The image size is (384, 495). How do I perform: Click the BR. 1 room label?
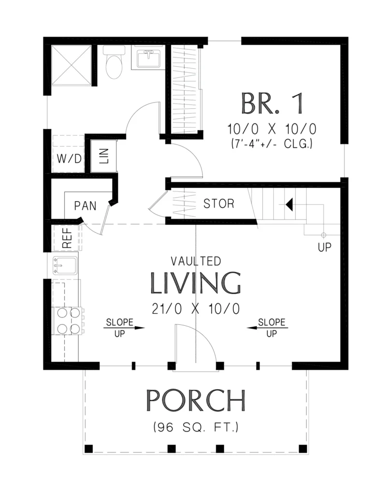[272, 103]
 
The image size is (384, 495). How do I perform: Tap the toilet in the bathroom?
[114, 63]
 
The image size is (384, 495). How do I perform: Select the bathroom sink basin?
[148, 59]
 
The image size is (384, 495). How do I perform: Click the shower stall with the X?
[71, 65]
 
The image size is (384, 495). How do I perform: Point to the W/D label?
[69, 158]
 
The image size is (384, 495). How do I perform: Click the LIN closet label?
[104, 156]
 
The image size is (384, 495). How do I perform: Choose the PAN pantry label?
[85, 206]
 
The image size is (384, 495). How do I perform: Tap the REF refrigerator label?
[67, 238]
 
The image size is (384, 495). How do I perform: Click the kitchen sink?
[65, 265]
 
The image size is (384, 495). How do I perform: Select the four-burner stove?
[69, 321]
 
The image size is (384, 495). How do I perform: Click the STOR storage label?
[219, 204]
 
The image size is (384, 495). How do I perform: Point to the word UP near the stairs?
[325, 247]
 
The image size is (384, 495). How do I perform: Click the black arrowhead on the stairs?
[289, 204]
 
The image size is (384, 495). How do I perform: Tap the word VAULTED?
[196, 261]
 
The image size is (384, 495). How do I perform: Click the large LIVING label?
[196, 283]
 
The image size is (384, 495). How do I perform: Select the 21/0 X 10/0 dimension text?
[196, 309]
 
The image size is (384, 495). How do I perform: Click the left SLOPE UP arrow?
[124, 328]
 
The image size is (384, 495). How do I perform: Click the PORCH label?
[196, 400]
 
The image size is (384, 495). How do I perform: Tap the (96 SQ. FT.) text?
[196, 427]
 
